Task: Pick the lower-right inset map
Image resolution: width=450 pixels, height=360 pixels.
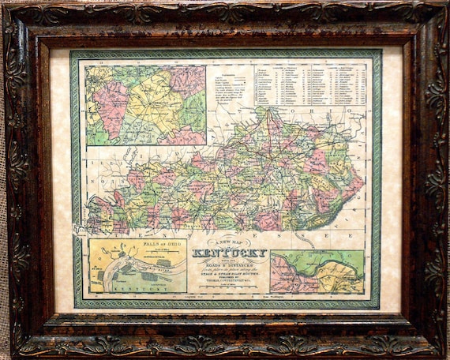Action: coord(317,272)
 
